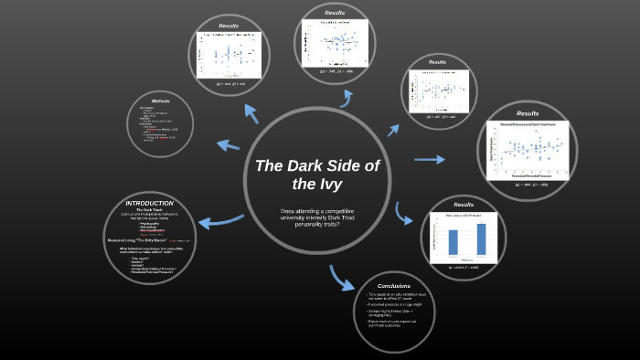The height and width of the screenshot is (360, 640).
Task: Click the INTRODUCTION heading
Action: [149, 203]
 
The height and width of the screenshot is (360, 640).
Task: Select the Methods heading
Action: [161, 101]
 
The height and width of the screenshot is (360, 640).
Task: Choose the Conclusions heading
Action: [394, 285]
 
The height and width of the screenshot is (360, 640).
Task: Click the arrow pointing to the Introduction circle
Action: [220, 219]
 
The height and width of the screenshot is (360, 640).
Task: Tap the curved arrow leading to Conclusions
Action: [341, 277]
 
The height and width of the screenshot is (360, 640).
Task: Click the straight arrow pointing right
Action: [429, 160]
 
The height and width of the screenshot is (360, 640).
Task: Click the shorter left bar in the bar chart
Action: [452, 241]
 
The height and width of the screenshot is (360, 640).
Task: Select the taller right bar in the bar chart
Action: [481, 238]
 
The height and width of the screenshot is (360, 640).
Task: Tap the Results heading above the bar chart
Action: [464, 205]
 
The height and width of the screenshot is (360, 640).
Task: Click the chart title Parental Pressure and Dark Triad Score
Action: [528, 124]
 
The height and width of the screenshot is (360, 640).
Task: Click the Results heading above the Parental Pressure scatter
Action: [528, 113]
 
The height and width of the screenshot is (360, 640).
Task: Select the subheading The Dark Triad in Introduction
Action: [149, 210]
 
